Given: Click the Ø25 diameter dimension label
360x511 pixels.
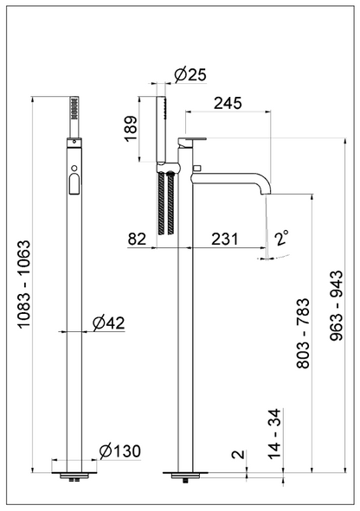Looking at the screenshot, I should pos(189,76).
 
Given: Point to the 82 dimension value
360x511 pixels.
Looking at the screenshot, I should pos(137,240).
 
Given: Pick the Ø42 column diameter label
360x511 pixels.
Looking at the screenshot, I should pos(109,323).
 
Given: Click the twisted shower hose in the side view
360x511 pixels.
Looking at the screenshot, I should pos(166,203).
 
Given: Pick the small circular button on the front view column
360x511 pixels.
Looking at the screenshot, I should pos(75,167).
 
